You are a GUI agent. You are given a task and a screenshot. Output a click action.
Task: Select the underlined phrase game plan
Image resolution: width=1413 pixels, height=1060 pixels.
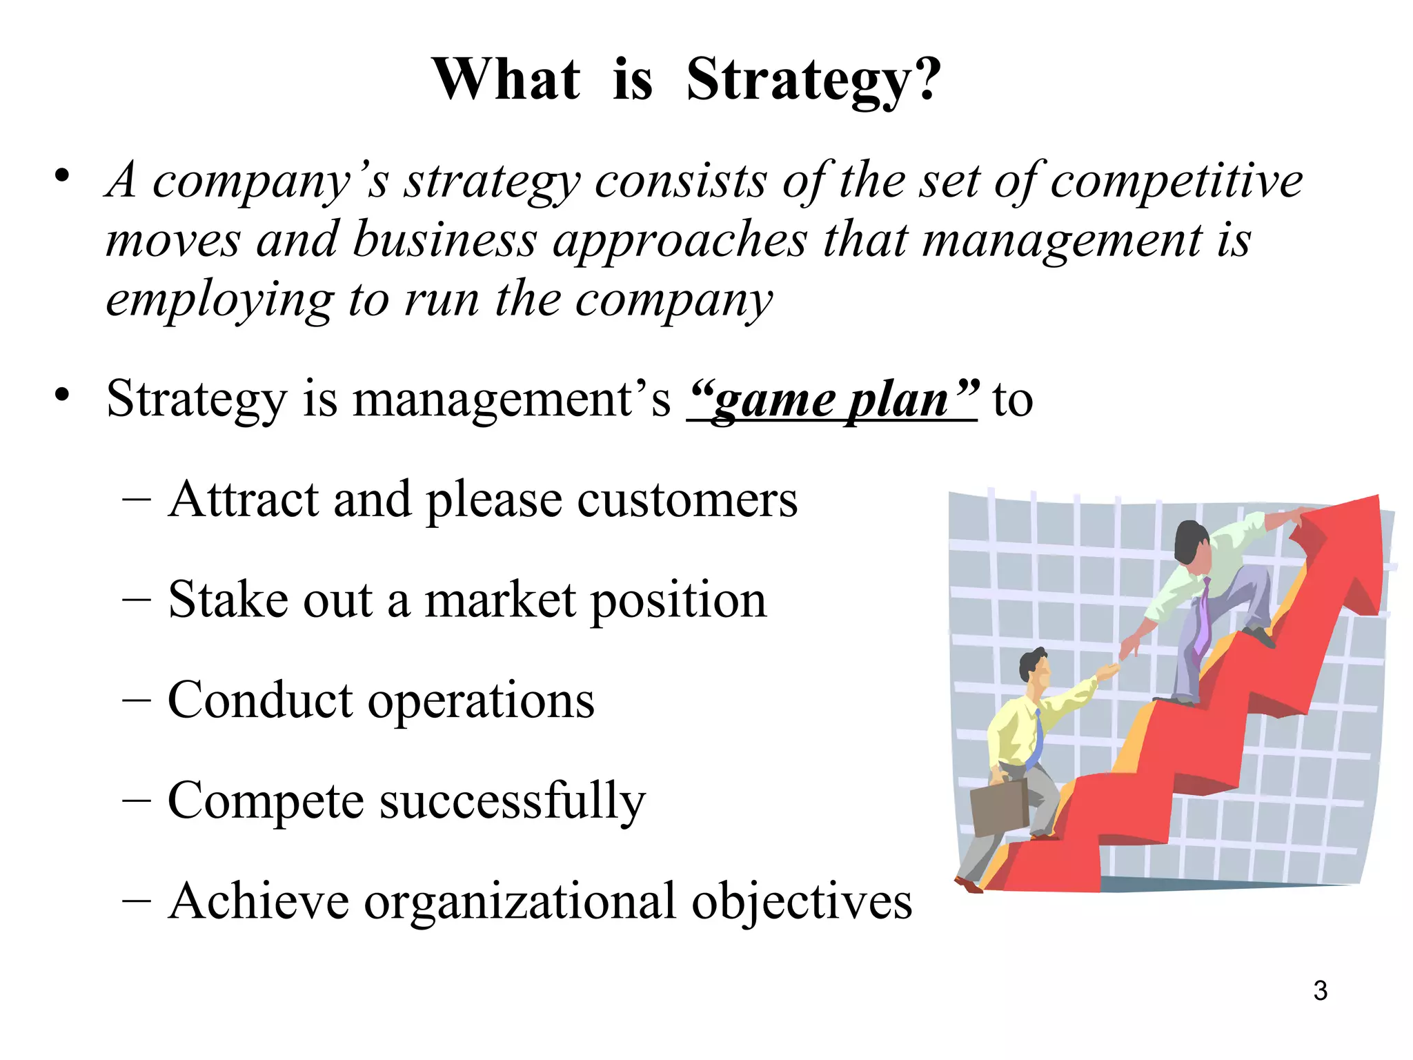coord(832,400)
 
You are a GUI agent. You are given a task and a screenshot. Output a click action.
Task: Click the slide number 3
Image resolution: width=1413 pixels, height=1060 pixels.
coord(1320,990)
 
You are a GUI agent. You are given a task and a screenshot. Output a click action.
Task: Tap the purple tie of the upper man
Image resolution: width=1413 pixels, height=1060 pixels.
coord(1203,614)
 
